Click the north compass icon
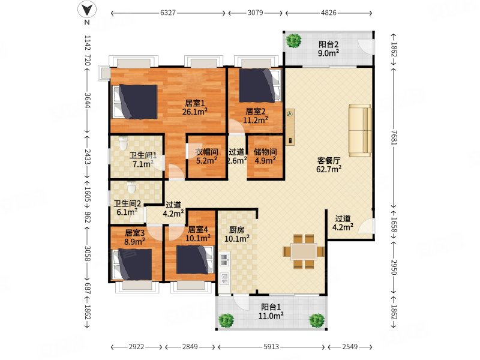(x=87, y=10)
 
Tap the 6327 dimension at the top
(x=168, y=13)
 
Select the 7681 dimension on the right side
(x=394, y=138)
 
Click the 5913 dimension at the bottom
(x=271, y=347)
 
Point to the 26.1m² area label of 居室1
(x=194, y=112)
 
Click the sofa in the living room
(x=361, y=130)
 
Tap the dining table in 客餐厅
(x=304, y=251)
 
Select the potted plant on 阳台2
(x=294, y=40)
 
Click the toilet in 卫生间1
(x=123, y=143)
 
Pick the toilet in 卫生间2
(x=131, y=187)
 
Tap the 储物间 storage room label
(x=265, y=152)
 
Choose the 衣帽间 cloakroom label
(x=207, y=152)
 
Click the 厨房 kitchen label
(x=236, y=230)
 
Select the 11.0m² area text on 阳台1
(x=271, y=316)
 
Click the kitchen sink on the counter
(x=224, y=260)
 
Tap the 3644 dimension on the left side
(x=88, y=100)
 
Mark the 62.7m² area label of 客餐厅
(x=329, y=169)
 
